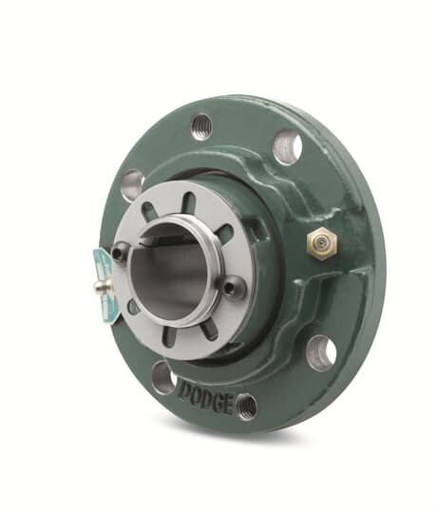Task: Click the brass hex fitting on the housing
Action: [x=323, y=243]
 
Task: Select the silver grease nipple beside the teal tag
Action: [x=102, y=286]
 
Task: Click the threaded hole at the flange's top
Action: [x=200, y=126]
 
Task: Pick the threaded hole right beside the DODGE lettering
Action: [x=247, y=407]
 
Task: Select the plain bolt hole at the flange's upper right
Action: [x=288, y=144]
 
